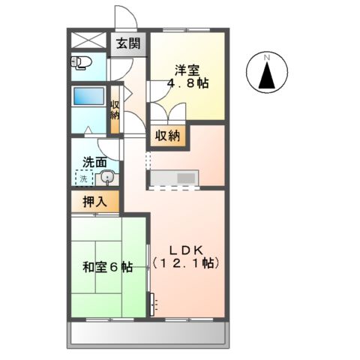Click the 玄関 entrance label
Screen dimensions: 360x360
click(128, 43)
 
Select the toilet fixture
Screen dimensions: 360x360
click(81, 61)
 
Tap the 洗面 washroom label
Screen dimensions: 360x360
click(94, 162)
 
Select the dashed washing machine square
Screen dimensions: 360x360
click(84, 178)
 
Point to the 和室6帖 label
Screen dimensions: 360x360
click(109, 267)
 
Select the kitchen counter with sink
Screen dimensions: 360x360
click(173, 178)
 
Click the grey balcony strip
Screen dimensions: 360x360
click(150, 334)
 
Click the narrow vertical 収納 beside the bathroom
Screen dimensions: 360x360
click(115, 110)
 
